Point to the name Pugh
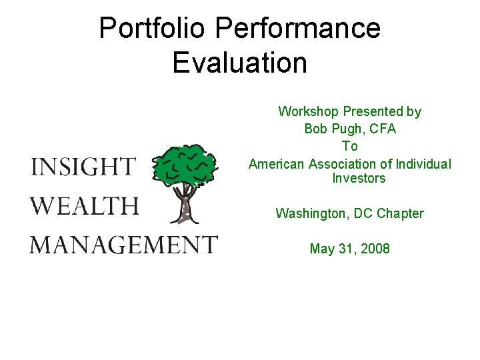pos(341,129)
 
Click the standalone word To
pos(350,146)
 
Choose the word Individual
pos(423,163)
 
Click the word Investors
pos(359,179)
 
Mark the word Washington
pos(305,213)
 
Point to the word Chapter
pos(400,213)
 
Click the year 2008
pos(375,249)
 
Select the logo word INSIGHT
pos(83,167)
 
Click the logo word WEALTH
pos(85,205)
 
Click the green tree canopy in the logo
pos(185,163)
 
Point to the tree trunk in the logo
pos(185,203)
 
